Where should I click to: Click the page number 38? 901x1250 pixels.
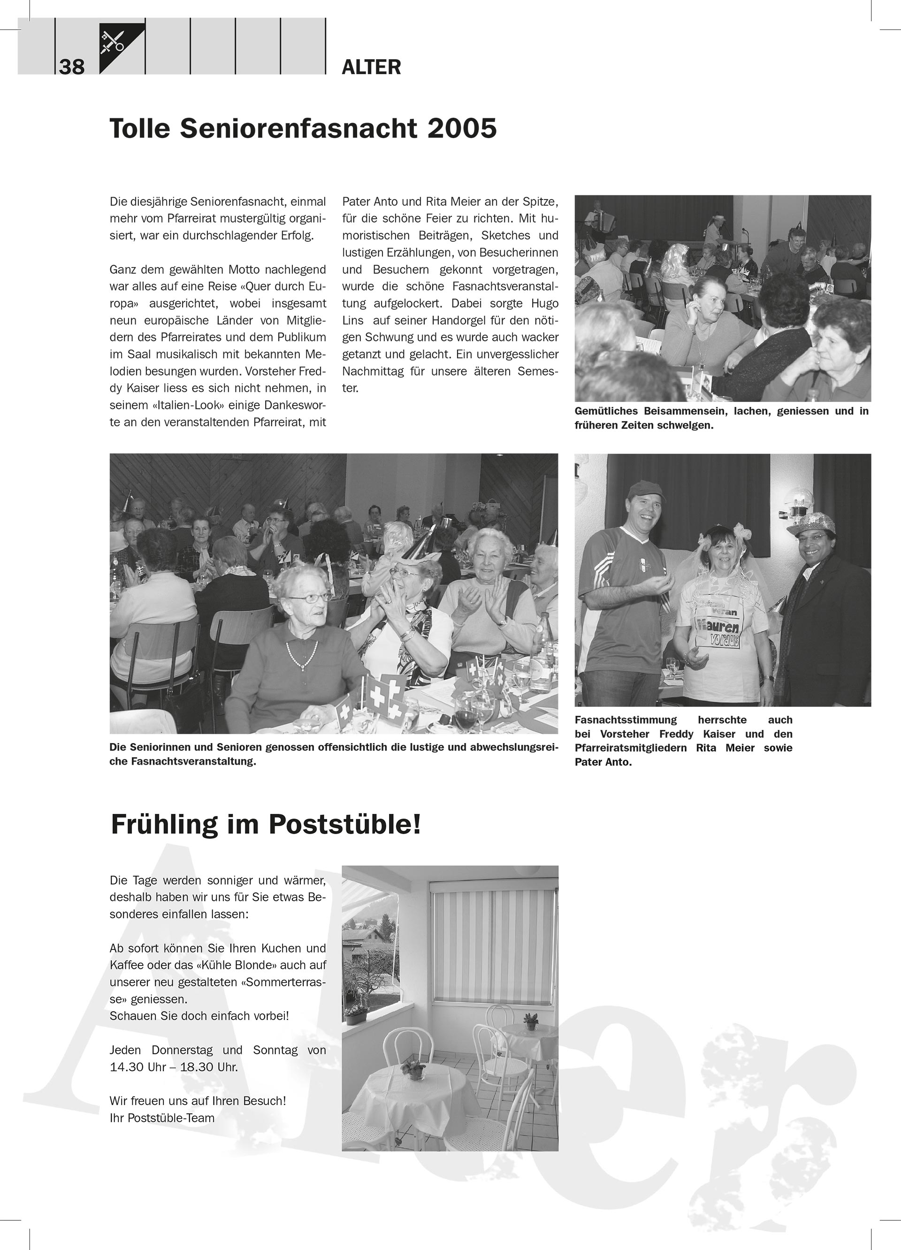72,67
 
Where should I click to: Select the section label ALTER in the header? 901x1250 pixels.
371,67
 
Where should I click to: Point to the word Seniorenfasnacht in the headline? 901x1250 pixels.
298,129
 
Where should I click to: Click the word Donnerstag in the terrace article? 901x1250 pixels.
183,1050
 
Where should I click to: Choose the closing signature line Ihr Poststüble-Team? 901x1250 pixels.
162,1117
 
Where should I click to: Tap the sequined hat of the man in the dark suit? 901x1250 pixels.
807,521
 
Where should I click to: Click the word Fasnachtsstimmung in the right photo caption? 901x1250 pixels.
626,720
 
